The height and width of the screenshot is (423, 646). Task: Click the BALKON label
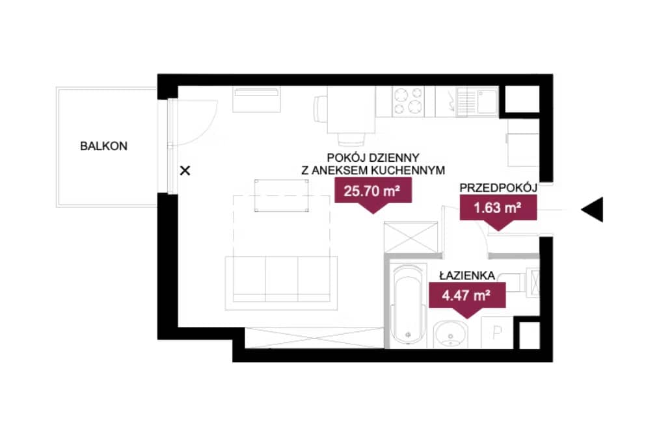tap(104, 146)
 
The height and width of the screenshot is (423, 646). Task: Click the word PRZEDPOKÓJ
tap(498, 188)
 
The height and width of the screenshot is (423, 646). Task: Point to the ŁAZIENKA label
tap(467, 276)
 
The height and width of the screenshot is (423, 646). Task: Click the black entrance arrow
tap(592, 209)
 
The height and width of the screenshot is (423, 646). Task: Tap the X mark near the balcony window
tap(185, 170)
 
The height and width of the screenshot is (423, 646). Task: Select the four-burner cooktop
tap(409, 101)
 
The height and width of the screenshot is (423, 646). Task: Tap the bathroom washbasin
tap(451, 334)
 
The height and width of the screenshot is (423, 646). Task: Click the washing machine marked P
tap(497, 333)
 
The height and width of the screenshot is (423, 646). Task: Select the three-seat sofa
tap(282, 283)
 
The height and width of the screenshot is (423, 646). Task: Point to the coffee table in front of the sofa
tap(282, 196)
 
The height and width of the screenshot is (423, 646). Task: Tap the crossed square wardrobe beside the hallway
tap(410, 237)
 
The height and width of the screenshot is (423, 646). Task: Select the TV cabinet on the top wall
tap(257, 99)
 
